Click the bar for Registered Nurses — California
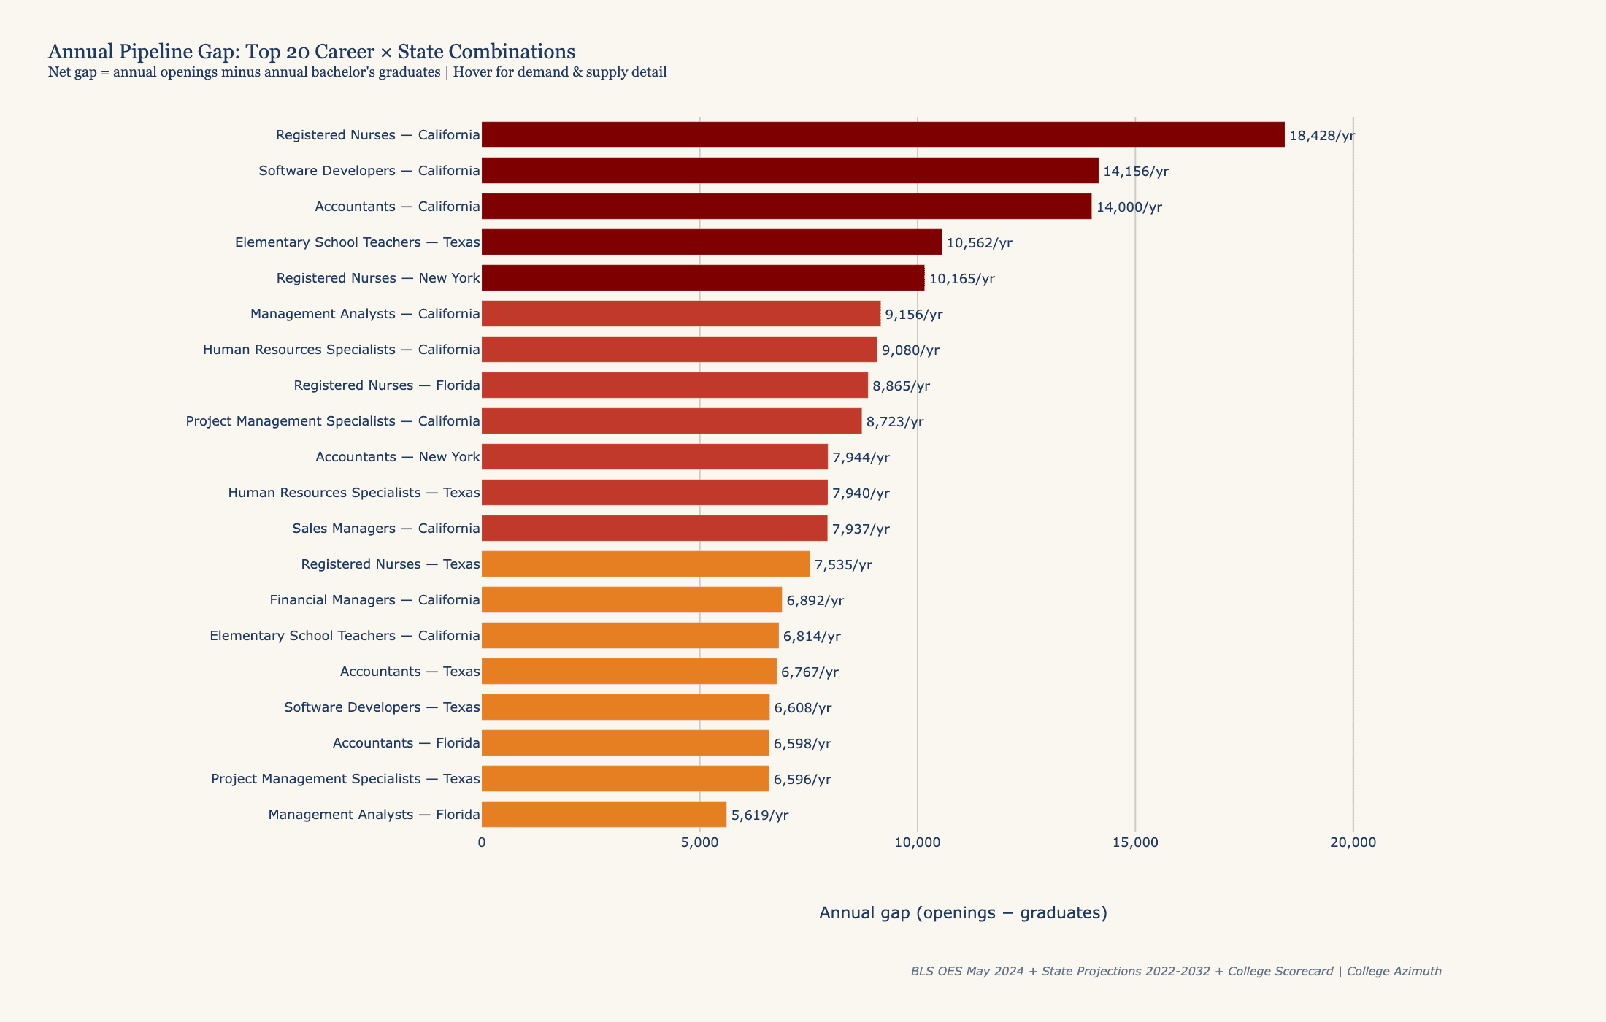pyautogui.click(x=883, y=135)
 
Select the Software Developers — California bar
pyautogui.click(x=790, y=171)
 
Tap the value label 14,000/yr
pyautogui.click(x=1129, y=207)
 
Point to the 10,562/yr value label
pyautogui.click(x=979, y=243)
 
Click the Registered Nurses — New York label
pyautogui.click(x=378, y=278)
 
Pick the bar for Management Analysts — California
pyautogui.click(x=681, y=314)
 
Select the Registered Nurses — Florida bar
pyautogui.click(x=675, y=385)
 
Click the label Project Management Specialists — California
pyautogui.click(x=333, y=421)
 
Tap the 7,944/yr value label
pyautogui.click(x=861, y=458)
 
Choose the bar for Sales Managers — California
pyautogui.click(x=654, y=529)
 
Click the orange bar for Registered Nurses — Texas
pyautogui.click(x=645, y=564)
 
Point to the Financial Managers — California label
pyautogui.click(x=374, y=600)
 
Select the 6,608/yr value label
pyautogui.click(x=802, y=708)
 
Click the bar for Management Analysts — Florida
pyautogui.click(x=604, y=815)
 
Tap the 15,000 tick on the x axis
pyautogui.click(x=1134, y=842)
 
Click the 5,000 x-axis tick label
pyautogui.click(x=699, y=842)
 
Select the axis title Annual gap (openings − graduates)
pyautogui.click(x=963, y=912)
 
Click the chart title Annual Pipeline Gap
pyautogui.click(x=312, y=52)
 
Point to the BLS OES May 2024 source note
pyautogui.click(x=1175, y=972)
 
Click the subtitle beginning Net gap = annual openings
pyautogui.click(x=357, y=72)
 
